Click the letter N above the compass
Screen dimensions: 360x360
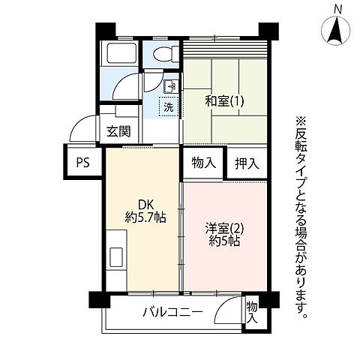point(338,9)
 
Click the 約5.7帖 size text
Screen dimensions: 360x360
point(145,218)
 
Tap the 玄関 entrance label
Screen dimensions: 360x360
point(118,132)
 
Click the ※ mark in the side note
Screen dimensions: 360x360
point(303,122)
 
